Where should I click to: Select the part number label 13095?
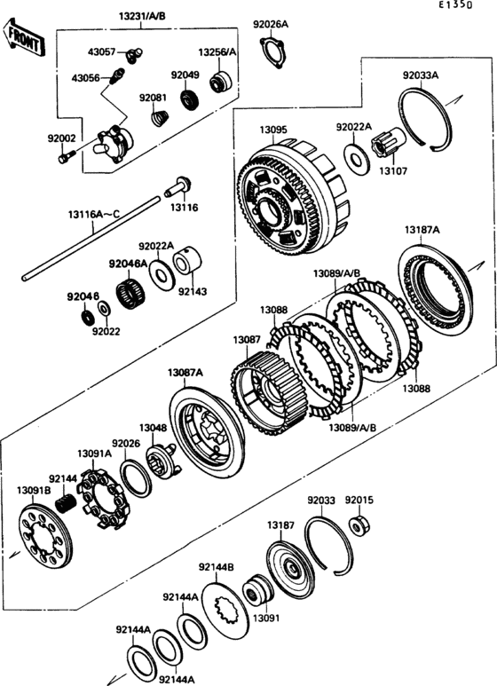273,130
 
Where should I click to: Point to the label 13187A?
422,230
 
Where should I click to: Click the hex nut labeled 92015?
359,527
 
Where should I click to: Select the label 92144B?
216,566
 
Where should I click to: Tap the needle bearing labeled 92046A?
130,291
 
